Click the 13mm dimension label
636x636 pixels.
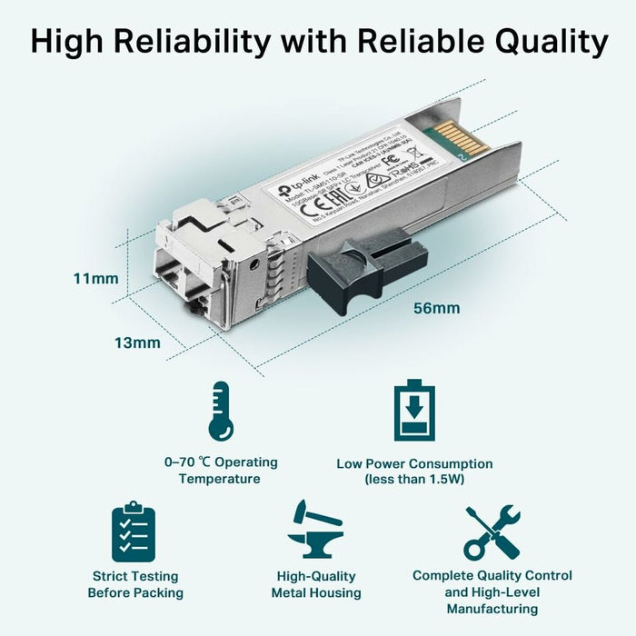click(137, 343)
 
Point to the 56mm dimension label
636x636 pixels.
click(436, 308)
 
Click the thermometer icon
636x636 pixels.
click(219, 411)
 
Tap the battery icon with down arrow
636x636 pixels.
click(414, 411)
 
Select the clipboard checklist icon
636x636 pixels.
click(134, 532)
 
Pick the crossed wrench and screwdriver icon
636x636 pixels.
click(492, 532)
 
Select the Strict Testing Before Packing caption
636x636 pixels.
click(135, 584)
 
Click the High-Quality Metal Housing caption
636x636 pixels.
click(316, 584)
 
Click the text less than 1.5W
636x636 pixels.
click(414, 479)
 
